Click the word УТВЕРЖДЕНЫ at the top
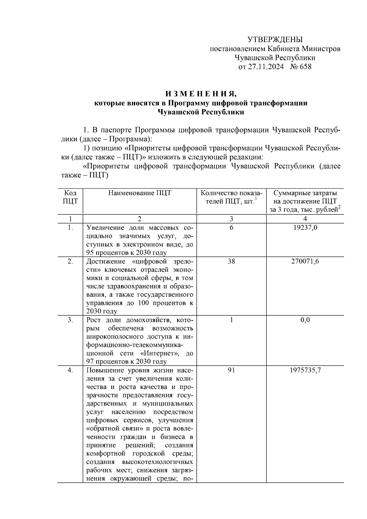pyautogui.click(x=275, y=39)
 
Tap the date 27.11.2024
pyautogui.click(x=265, y=67)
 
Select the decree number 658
pyautogui.click(x=305, y=67)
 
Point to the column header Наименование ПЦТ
pyautogui.click(x=139, y=193)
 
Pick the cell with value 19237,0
pyautogui.click(x=305, y=228)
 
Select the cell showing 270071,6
pyautogui.click(x=305, y=261)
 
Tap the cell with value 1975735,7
pyautogui.click(x=305, y=370)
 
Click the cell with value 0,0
pyautogui.click(x=305, y=320)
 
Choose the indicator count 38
pyautogui.click(x=231, y=261)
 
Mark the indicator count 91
pyautogui.click(x=231, y=370)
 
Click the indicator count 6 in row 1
pyautogui.click(x=231, y=228)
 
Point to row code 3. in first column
pyautogui.click(x=70, y=320)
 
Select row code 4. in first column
pyautogui.click(x=70, y=370)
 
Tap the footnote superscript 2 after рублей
pyautogui.click(x=339, y=207)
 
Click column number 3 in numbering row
pyautogui.click(x=231, y=219)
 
